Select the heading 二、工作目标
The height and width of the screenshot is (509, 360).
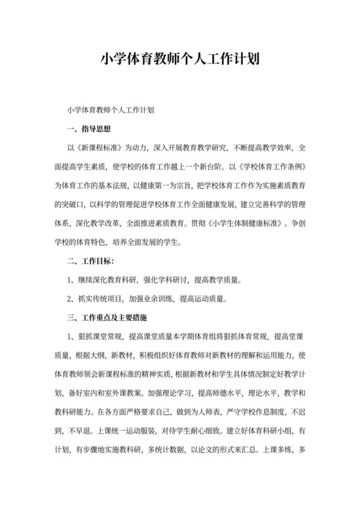[91, 262]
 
